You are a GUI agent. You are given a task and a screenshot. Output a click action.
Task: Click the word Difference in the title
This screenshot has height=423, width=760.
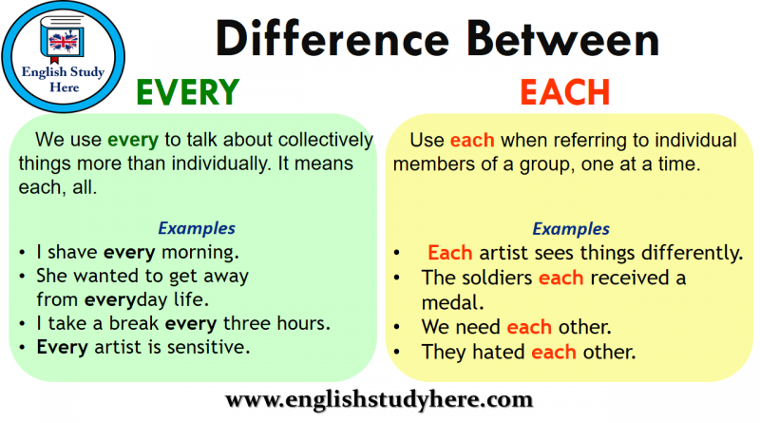pos(332,39)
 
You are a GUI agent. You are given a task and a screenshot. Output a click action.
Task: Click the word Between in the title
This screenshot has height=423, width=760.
pos(563,39)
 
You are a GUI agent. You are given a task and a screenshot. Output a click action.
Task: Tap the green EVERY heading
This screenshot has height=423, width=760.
pos(187,91)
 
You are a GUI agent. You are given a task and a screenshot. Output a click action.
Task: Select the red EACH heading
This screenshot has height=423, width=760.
pos(564,91)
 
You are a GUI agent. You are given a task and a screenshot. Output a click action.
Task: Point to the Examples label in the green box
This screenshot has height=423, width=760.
pos(197,228)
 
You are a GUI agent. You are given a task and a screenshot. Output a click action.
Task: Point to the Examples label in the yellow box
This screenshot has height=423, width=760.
pos(571,228)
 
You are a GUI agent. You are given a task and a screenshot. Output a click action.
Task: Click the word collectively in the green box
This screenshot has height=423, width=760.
pos(326,140)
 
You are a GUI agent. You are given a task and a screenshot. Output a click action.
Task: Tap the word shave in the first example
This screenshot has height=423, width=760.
pos(73,252)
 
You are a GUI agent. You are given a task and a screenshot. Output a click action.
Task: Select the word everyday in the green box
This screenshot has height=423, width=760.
pos(126,300)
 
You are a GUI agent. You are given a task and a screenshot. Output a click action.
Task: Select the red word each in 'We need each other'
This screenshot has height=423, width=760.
pos(529,327)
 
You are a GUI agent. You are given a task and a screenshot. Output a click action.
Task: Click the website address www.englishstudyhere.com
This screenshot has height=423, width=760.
pos(379,399)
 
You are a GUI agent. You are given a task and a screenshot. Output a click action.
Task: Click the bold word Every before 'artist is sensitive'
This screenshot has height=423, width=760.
pos(63,348)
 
